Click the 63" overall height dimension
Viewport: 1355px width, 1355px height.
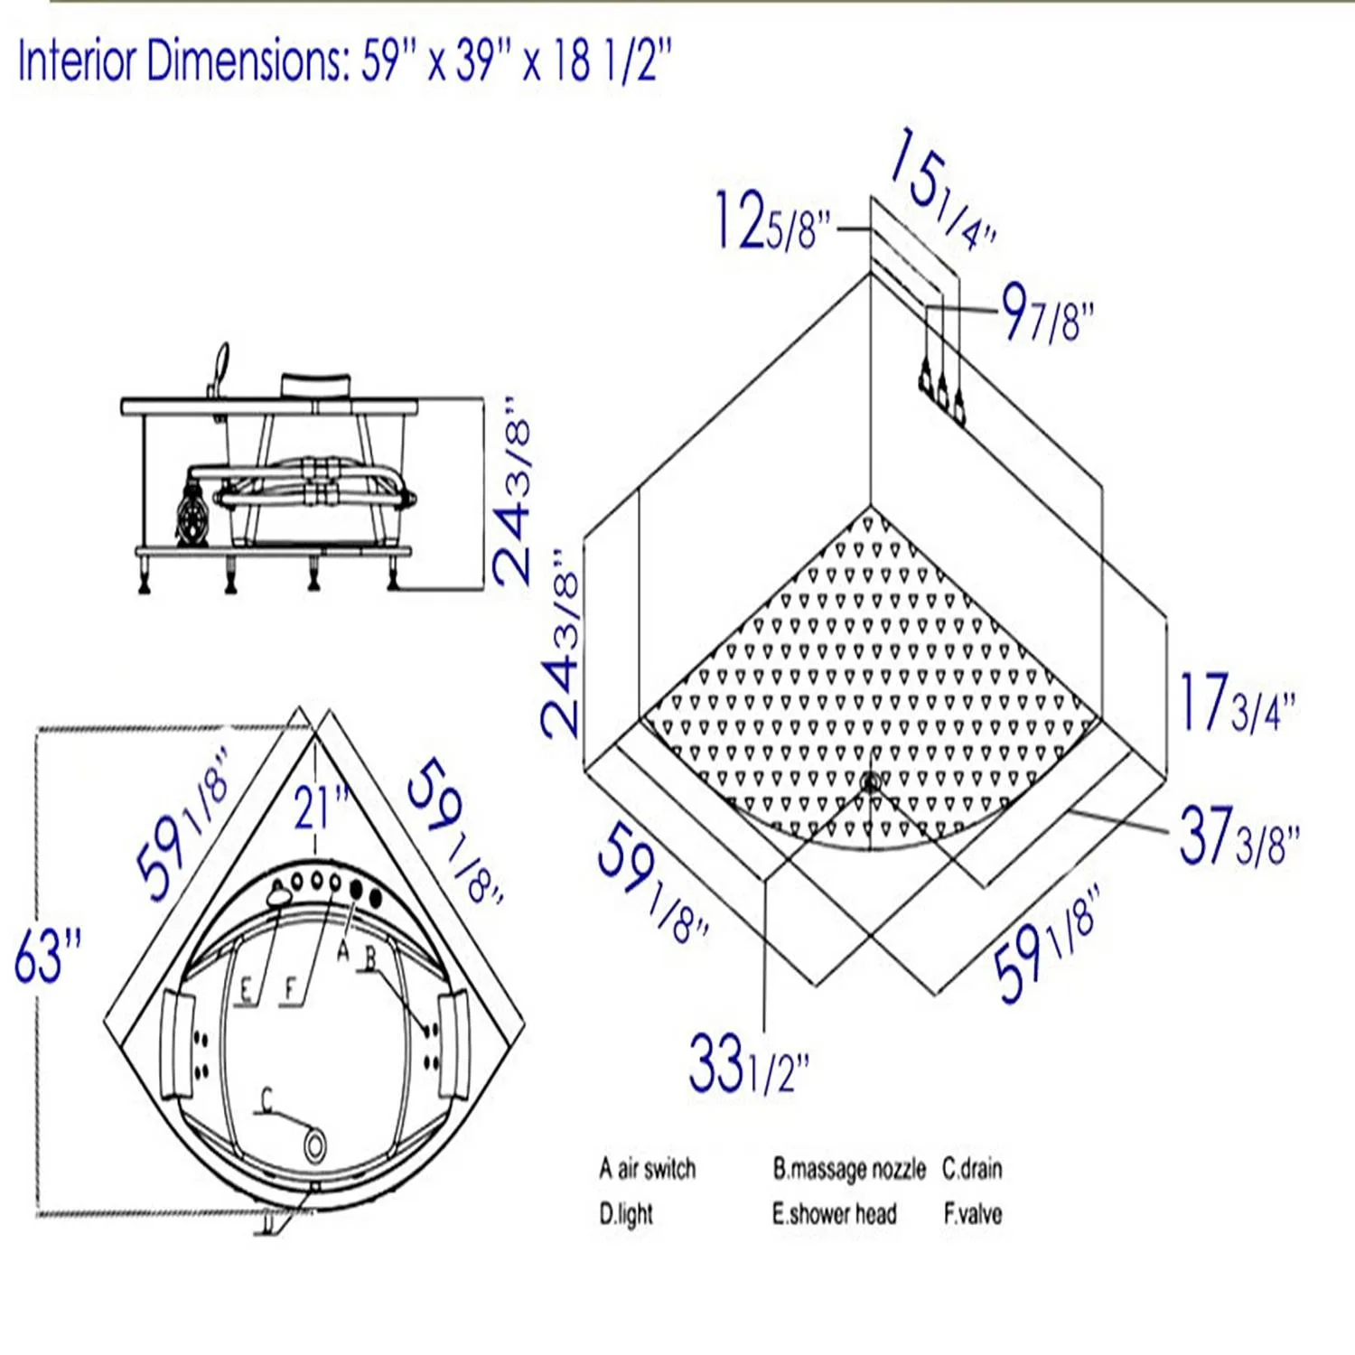point(47,955)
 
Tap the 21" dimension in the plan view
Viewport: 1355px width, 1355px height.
point(320,807)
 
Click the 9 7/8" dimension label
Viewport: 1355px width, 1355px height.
point(1048,313)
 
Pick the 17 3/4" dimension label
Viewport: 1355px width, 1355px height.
point(1237,704)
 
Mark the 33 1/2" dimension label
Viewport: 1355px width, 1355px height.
point(748,1064)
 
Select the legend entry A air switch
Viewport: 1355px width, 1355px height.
point(647,1169)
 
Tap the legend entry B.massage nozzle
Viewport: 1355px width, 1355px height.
point(848,1169)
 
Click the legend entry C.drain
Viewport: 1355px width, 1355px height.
point(972,1169)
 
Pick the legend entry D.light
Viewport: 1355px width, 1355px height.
point(625,1214)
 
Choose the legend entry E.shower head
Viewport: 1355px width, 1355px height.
point(834,1214)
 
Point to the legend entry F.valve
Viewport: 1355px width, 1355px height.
point(972,1214)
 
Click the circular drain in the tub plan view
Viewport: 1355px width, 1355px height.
point(314,1146)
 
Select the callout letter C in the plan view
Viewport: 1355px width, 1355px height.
point(266,1099)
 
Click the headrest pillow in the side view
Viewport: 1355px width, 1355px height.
point(314,385)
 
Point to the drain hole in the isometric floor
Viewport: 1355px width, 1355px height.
point(870,782)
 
